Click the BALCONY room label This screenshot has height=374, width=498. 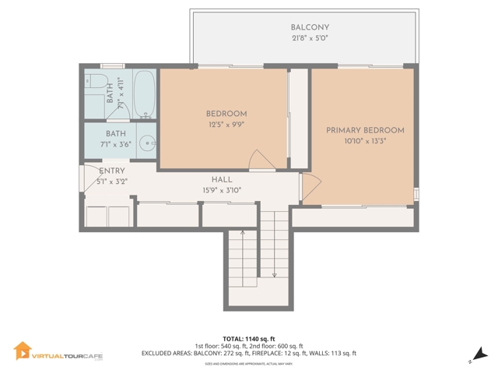tap(304, 27)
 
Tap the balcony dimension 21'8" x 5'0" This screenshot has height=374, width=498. tap(304, 38)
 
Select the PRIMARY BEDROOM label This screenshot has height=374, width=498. tap(365, 130)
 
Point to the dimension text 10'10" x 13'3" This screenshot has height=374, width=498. tap(365, 141)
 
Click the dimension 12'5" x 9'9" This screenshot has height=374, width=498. tap(226, 125)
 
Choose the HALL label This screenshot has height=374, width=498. tap(222, 179)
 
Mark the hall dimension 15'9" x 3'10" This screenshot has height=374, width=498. tap(222, 189)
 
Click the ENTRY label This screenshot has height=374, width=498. tap(111, 171)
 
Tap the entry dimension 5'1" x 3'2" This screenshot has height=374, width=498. tap(111, 182)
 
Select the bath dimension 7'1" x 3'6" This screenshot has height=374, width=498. tap(116, 145)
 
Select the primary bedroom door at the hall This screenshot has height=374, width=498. tap(310, 185)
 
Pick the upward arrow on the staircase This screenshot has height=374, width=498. tap(243, 232)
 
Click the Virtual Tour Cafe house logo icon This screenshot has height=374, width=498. tap(22, 352)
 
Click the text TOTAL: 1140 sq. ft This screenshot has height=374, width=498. tap(248, 338)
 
